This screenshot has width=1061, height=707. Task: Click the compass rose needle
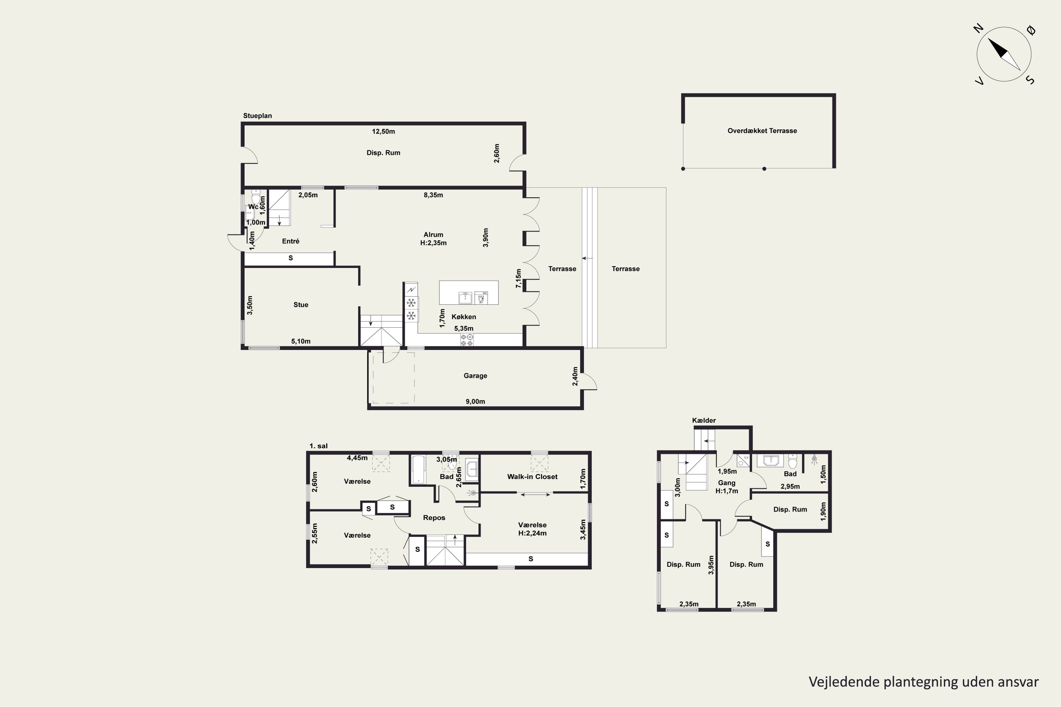click(x=1004, y=54)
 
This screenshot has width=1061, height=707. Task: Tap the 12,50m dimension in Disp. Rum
click(x=383, y=132)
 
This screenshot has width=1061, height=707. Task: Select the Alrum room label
click(x=433, y=234)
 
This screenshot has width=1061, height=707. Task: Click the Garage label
click(x=475, y=375)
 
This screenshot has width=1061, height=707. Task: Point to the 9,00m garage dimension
click(x=475, y=402)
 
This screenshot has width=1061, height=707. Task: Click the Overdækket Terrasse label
click(x=762, y=131)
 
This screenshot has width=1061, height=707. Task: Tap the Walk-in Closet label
click(x=532, y=477)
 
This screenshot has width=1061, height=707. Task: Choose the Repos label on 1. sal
click(x=434, y=518)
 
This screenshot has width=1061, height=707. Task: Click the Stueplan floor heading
click(x=257, y=116)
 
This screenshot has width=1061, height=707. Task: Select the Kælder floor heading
click(x=704, y=420)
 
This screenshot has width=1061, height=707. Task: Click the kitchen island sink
click(x=465, y=298)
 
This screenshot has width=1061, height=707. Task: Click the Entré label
click(x=290, y=241)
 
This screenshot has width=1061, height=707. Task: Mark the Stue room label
click(x=301, y=305)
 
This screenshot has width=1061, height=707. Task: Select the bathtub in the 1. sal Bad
click(x=419, y=470)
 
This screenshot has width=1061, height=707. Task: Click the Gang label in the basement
click(x=727, y=483)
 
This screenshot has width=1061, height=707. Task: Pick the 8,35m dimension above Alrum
click(x=433, y=195)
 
